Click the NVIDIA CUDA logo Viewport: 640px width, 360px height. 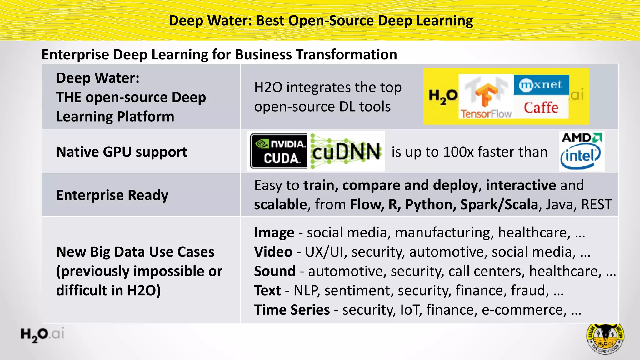pyautogui.click(x=279, y=151)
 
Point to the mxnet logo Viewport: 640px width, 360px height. pyautogui.click(x=541, y=85)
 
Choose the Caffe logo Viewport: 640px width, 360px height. pyautogui.click(x=541, y=107)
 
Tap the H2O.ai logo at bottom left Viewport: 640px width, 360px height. pyautogui.click(x=42, y=335)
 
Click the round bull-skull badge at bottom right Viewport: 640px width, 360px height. pyautogui.click(x=605, y=339)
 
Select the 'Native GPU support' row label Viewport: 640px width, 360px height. pyautogui.click(x=122, y=152)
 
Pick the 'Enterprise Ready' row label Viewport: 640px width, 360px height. pyautogui.click(x=112, y=195)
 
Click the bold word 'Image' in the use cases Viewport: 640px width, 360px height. pyautogui.click(x=274, y=232)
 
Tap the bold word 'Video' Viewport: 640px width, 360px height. pyautogui.click(x=273, y=252)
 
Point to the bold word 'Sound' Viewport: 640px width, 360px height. pyautogui.click(x=275, y=271)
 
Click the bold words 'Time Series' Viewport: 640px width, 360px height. pyautogui.click(x=292, y=310)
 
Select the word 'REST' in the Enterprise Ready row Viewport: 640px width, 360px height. pyautogui.click(x=596, y=205)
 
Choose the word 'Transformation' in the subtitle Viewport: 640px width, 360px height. pyautogui.click(x=346, y=55)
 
